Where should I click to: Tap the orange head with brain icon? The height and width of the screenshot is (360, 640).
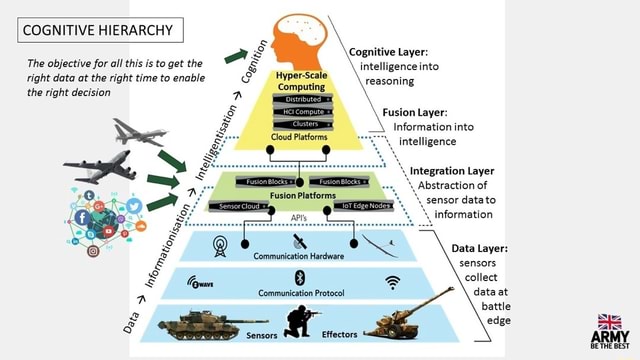(x=299, y=36)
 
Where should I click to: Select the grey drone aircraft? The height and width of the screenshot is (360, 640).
(x=137, y=131)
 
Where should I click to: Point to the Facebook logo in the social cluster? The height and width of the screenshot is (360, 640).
(x=81, y=217)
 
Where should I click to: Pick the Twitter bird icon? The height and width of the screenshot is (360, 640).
(x=133, y=207)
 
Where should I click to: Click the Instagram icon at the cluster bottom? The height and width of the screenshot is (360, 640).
(x=93, y=251)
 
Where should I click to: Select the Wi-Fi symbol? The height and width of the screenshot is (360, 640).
(x=392, y=282)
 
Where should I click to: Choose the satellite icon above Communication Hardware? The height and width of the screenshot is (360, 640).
(x=298, y=241)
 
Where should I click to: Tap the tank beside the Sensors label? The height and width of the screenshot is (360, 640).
(x=200, y=322)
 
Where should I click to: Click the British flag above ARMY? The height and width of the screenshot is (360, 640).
(x=609, y=321)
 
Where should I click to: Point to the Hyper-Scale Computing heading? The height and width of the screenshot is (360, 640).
(x=298, y=81)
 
